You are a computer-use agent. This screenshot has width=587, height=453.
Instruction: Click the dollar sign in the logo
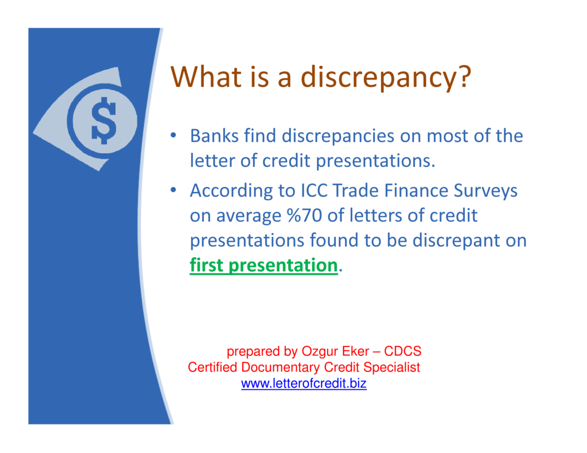point(104,121)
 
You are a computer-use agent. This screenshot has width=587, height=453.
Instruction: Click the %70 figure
point(304,215)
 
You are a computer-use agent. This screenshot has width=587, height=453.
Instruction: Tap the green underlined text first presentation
point(263,265)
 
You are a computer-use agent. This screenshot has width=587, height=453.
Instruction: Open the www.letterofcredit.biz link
point(303,384)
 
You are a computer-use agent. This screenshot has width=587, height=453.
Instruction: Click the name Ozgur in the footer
point(319,351)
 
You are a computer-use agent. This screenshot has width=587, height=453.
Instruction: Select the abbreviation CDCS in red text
point(402,351)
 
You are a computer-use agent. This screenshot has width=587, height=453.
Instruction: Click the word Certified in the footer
point(213,367)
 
